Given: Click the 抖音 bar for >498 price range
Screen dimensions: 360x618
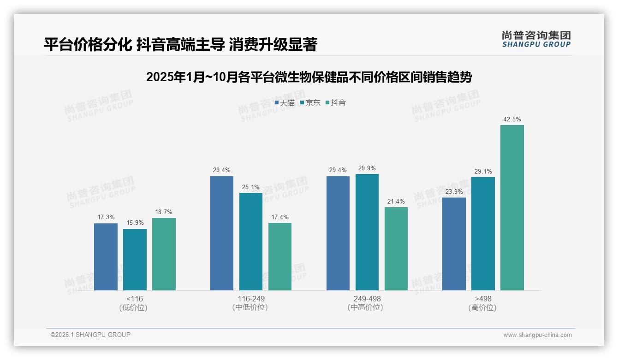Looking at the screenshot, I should pos(512,208).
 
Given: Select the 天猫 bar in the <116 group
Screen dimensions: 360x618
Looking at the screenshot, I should pos(106,257).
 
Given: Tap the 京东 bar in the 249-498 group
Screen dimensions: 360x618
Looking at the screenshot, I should pos(367,232).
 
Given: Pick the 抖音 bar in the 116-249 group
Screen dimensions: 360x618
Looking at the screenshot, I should pos(280,257).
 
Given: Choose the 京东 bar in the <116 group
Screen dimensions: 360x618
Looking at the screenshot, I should pos(135,259).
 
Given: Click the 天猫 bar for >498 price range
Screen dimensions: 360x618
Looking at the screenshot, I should pos(454,244).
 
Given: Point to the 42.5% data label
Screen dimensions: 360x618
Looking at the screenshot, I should pos(512,119).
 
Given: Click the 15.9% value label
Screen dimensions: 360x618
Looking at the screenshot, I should pos(135,223).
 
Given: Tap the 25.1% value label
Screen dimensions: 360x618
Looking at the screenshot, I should pos(251,187).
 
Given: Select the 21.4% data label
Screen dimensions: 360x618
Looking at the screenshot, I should pos(396,201).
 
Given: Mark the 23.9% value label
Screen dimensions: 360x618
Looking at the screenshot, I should pos(454,192).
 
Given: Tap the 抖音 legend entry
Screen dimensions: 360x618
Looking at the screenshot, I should pos(336,102).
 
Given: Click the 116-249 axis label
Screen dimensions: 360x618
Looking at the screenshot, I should pos(251,299).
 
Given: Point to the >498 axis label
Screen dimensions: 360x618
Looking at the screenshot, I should pos(483,299).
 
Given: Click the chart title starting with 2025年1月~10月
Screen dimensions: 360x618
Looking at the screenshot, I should pos(309,77).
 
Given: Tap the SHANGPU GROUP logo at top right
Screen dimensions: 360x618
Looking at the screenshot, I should pos(536,39).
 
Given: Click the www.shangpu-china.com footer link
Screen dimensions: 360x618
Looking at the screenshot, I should pos(537,335).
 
